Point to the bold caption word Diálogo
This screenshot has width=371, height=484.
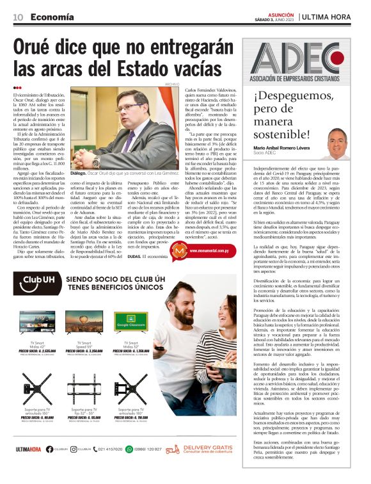[79, 173]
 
